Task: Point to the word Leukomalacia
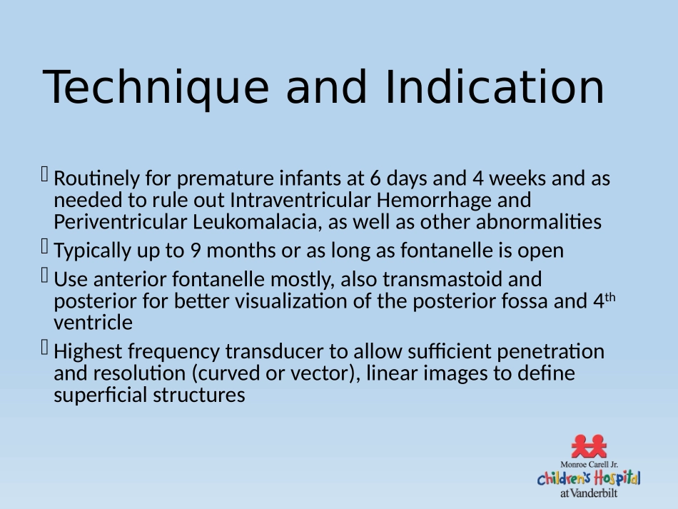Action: pyautogui.click(x=257, y=222)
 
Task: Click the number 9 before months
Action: pyautogui.click(x=196, y=251)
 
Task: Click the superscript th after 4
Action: pyautogui.click(x=610, y=297)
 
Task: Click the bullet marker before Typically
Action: pyautogui.click(x=44, y=246)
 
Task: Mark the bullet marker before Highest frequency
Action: pyautogui.click(x=44, y=347)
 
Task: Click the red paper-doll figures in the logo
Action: pyautogui.click(x=589, y=446)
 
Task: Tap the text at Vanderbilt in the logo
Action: pyautogui.click(x=589, y=493)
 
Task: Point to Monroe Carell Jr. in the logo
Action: pyautogui.click(x=589, y=465)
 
